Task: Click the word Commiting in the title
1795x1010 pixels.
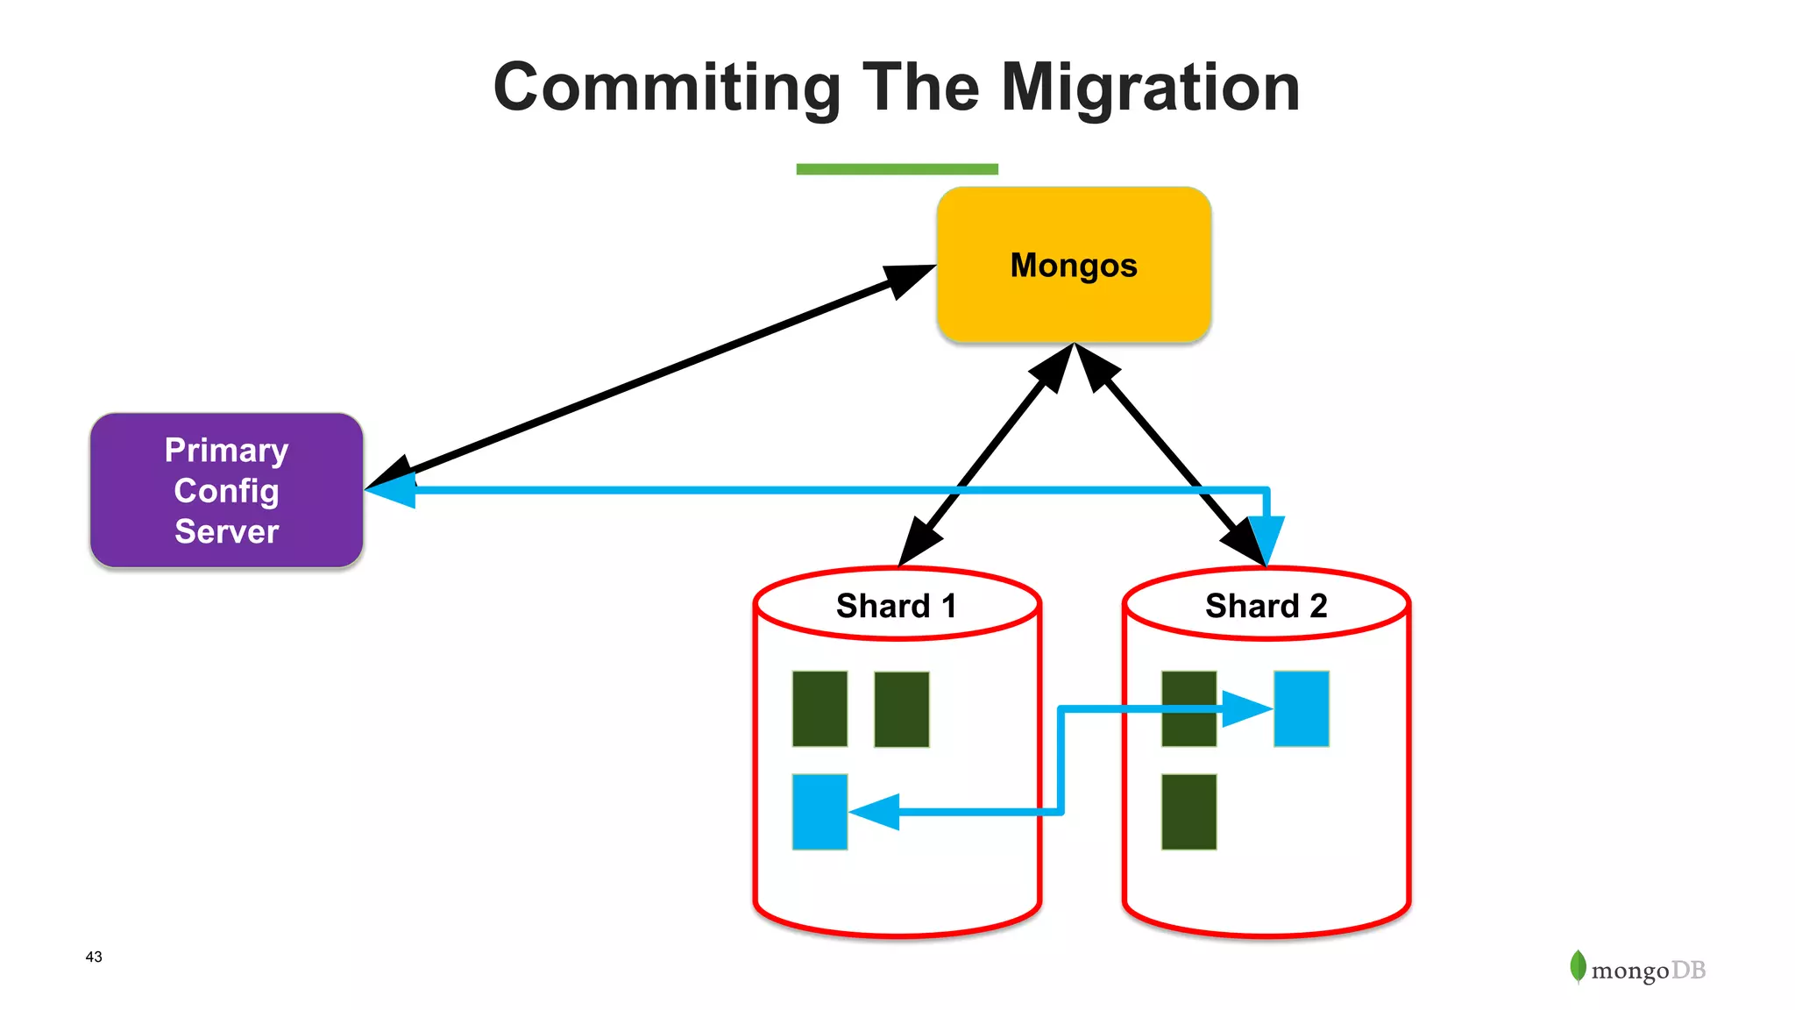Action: click(667, 88)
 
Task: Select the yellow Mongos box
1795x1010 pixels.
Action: click(1074, 265)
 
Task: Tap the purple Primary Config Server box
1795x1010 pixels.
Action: click(226, 490)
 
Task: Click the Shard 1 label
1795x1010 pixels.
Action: click(896, 606)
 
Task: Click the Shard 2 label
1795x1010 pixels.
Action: click(1266, 606)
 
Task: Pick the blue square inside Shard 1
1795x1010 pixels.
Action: click(819, 811)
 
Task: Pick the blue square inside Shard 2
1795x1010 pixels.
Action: click(1301, 708)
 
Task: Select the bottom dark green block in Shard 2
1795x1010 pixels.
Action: click(1188, 811)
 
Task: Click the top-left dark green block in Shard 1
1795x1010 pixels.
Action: click(819, 708)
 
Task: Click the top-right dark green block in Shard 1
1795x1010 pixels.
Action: click(901, 708)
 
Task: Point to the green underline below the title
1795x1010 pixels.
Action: click(897, 169)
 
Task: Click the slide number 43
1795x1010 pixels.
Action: click(94, 957)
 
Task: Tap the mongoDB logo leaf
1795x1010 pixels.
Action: click(1578, 966)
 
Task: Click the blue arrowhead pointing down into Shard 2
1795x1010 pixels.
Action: click(1266, 537)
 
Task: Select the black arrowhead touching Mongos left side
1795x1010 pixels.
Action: click(908, 280)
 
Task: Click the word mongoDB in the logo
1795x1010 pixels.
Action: click(1648, 971)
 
